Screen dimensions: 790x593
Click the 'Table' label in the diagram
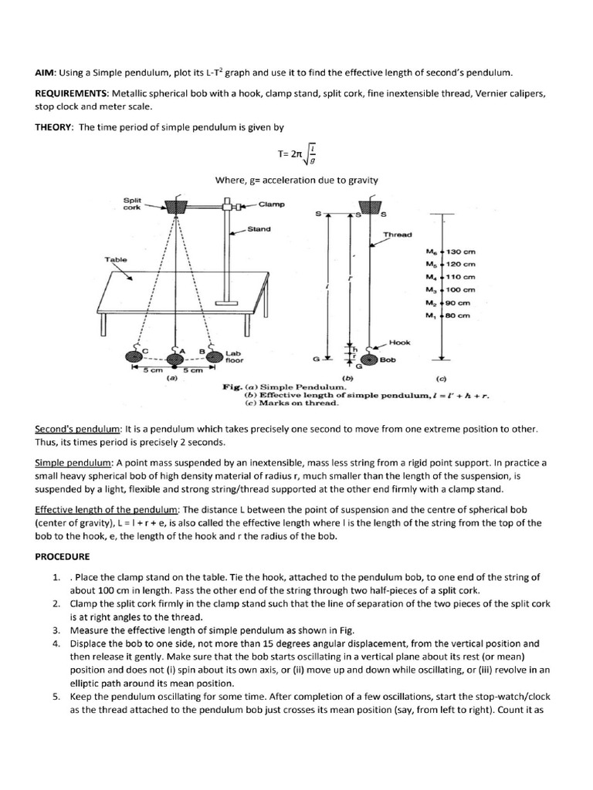(x=115, y=260)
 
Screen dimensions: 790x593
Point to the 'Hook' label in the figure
(x=399, y=342)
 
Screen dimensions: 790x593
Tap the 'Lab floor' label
(x=234, y=356)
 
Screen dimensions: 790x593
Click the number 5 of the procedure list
(x=56, y=695)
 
